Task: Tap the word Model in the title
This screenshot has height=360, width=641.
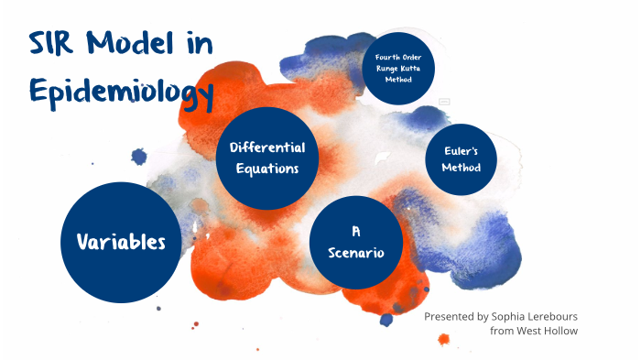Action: [131, 44]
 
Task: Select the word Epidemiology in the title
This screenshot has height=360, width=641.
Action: [121, 91]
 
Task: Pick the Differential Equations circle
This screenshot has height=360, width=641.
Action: [267, 158]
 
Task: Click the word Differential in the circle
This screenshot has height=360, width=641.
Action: [267, 147]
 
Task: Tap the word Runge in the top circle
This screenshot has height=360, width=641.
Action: [387, 70]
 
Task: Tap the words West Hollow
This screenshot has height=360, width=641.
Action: [549, 330]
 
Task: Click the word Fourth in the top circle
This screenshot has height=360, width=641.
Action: [387, 59]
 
